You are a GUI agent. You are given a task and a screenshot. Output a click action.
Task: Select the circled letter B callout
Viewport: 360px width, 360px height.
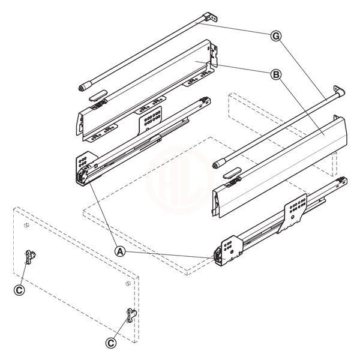point(275,74)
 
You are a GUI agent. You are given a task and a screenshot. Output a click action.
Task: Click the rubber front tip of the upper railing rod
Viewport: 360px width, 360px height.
point(83,87)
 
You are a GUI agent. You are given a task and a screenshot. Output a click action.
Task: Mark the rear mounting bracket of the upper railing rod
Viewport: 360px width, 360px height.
point(208,18)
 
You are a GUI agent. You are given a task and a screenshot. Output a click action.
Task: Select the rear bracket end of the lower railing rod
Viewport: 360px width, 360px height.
point(341,91)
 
